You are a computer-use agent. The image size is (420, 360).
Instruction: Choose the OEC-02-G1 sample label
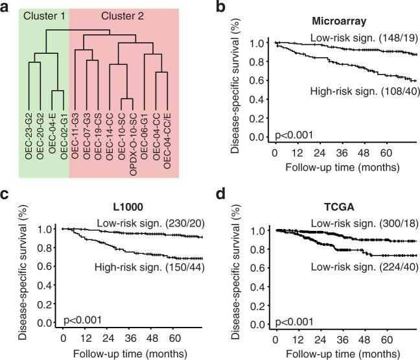click(63, 129)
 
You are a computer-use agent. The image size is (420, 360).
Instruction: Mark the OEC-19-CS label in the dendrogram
click(96, 129)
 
